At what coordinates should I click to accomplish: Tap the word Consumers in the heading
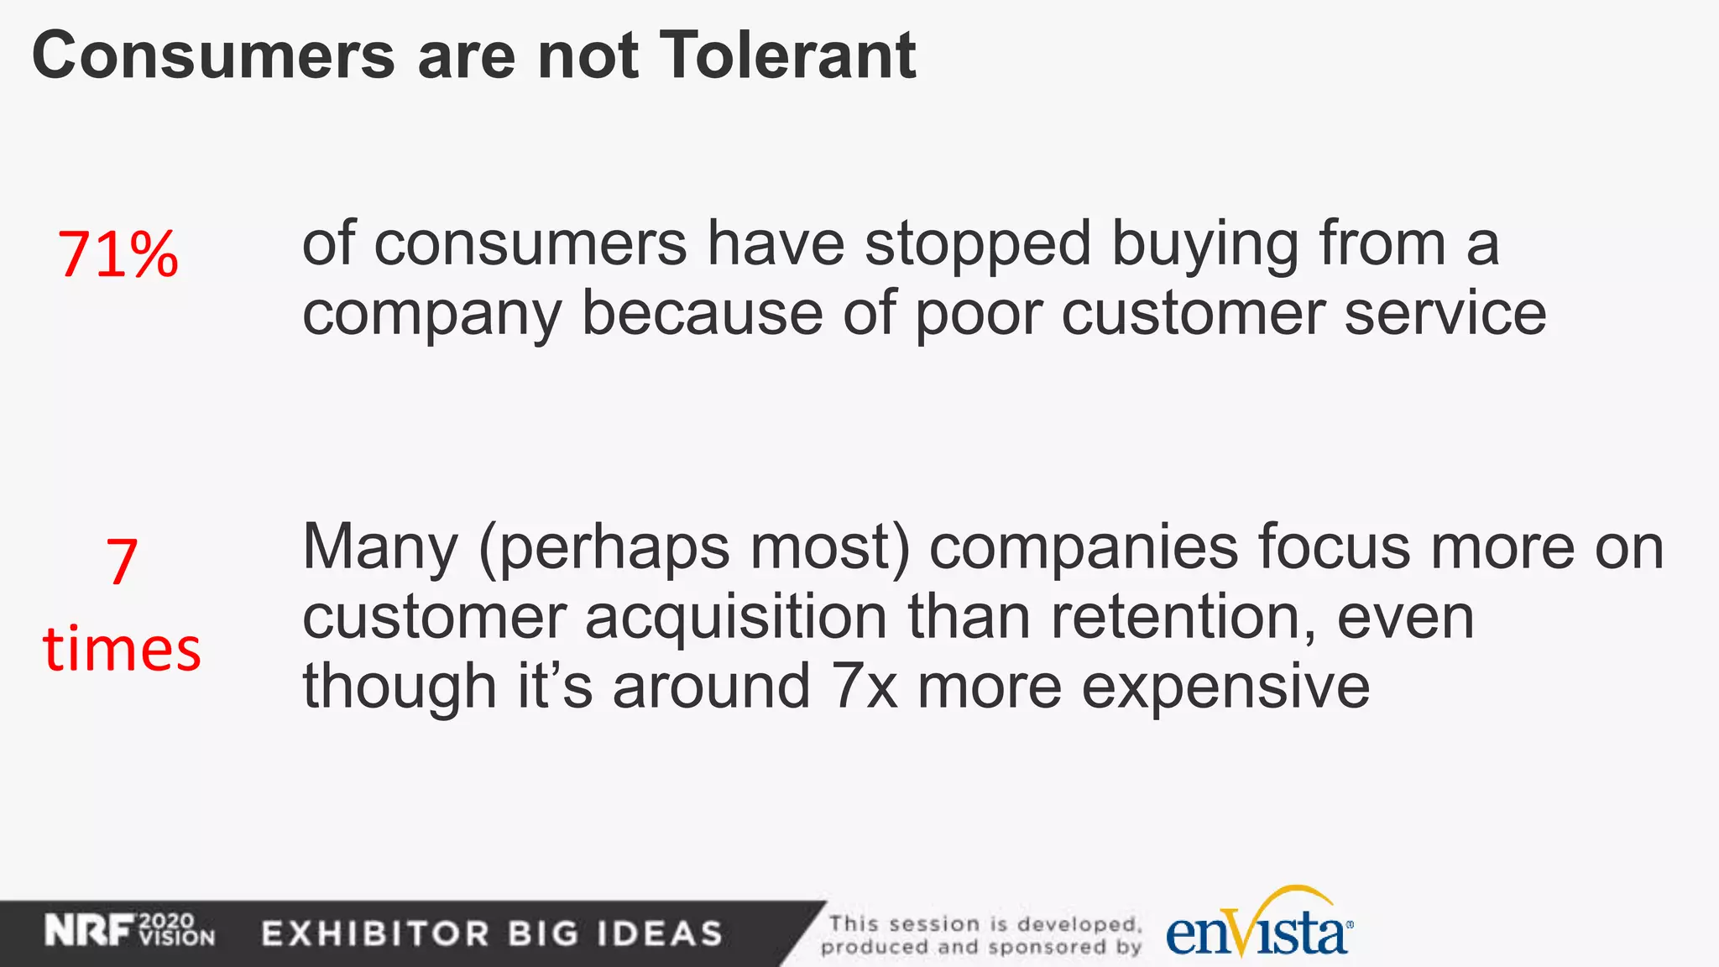(212, 55)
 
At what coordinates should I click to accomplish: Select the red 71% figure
(118, 254)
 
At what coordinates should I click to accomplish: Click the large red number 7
(122, 562)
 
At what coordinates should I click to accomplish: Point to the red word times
(122, 650)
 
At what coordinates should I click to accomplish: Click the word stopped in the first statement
(978, 245)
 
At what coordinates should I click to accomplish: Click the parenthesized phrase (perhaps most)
(694, 549)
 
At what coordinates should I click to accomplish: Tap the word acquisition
(736, 618)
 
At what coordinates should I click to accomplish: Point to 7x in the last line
(864, 687)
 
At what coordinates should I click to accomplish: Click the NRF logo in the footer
(89, 931)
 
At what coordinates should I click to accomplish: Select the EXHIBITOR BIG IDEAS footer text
(492, 933)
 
